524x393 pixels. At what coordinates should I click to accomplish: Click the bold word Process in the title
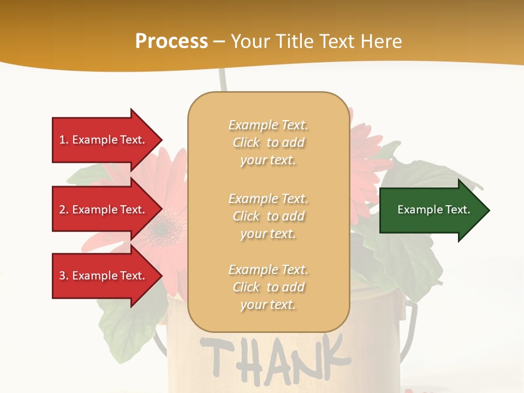(x=171, y=41)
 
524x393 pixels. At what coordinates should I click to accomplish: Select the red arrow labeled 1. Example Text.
(x=104, y=140)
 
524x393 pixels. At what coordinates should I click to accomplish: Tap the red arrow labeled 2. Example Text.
(x=104, y=210)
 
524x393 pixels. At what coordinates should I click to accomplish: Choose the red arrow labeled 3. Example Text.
(x=104, y=276)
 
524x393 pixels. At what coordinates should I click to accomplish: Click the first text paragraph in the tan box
(x=268, y=142)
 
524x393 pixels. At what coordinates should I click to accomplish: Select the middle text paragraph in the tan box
(x=268, y=216)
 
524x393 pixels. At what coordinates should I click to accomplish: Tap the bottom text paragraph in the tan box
(x=268, y=287)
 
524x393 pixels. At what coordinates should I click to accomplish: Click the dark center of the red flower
(x=162, y=229)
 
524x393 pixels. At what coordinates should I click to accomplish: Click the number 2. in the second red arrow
(x=64, y=210)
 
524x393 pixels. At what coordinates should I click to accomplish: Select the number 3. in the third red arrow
(x=64, y=276)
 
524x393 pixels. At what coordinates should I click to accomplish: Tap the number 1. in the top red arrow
(x=64, y=140)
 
